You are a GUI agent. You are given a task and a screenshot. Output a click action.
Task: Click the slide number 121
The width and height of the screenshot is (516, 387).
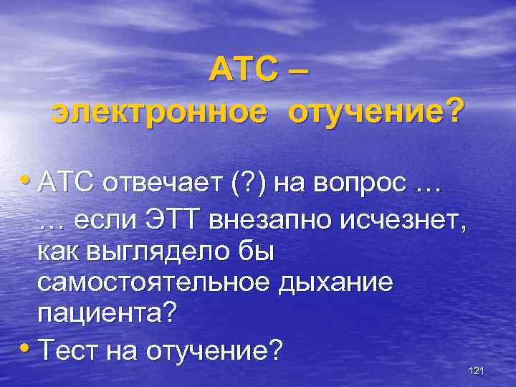[x=476, y=371]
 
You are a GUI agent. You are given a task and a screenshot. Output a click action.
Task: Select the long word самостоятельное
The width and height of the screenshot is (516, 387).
[x=158, y=284]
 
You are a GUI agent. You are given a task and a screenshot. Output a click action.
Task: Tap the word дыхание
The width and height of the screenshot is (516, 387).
[x=340, y=284]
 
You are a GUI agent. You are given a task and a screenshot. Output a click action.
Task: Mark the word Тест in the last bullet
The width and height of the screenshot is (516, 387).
[x=70, y=350]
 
